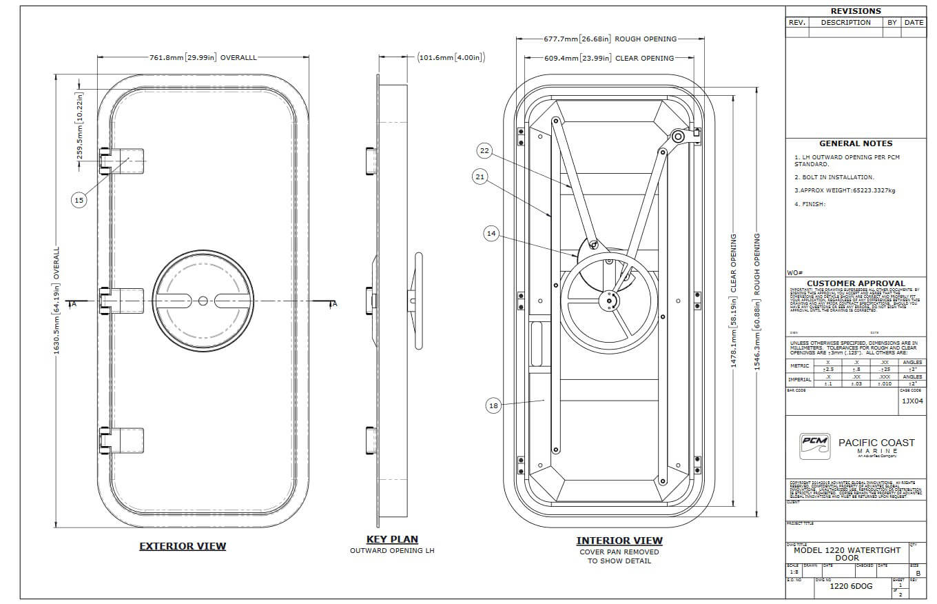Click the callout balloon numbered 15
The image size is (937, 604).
tap(79, 200)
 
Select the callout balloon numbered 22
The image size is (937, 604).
tap(484, 150)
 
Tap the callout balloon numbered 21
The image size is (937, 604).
tap(480, 177)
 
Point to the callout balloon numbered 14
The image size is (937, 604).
tap(491, 234)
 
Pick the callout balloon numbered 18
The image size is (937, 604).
tap(493, 406)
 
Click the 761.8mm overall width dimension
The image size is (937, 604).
tap(203, 57)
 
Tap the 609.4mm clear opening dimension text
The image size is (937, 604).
tap(599, 59)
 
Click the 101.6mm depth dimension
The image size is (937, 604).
tap(451, 57)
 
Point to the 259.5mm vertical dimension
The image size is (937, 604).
tap(80, 126)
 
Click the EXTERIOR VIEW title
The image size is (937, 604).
tap(183, 546)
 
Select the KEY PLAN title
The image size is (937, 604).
tap(392, 539)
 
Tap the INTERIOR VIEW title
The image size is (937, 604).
tap(619, 541)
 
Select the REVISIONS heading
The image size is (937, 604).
tap(856, 11)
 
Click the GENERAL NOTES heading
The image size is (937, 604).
tap(856, 143)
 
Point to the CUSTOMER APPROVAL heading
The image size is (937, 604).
tap(856, 283)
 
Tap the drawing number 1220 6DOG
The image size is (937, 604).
tap(851, 586)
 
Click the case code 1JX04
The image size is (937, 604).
tap(912, 401)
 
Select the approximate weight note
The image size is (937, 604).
tap(845, 190)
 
